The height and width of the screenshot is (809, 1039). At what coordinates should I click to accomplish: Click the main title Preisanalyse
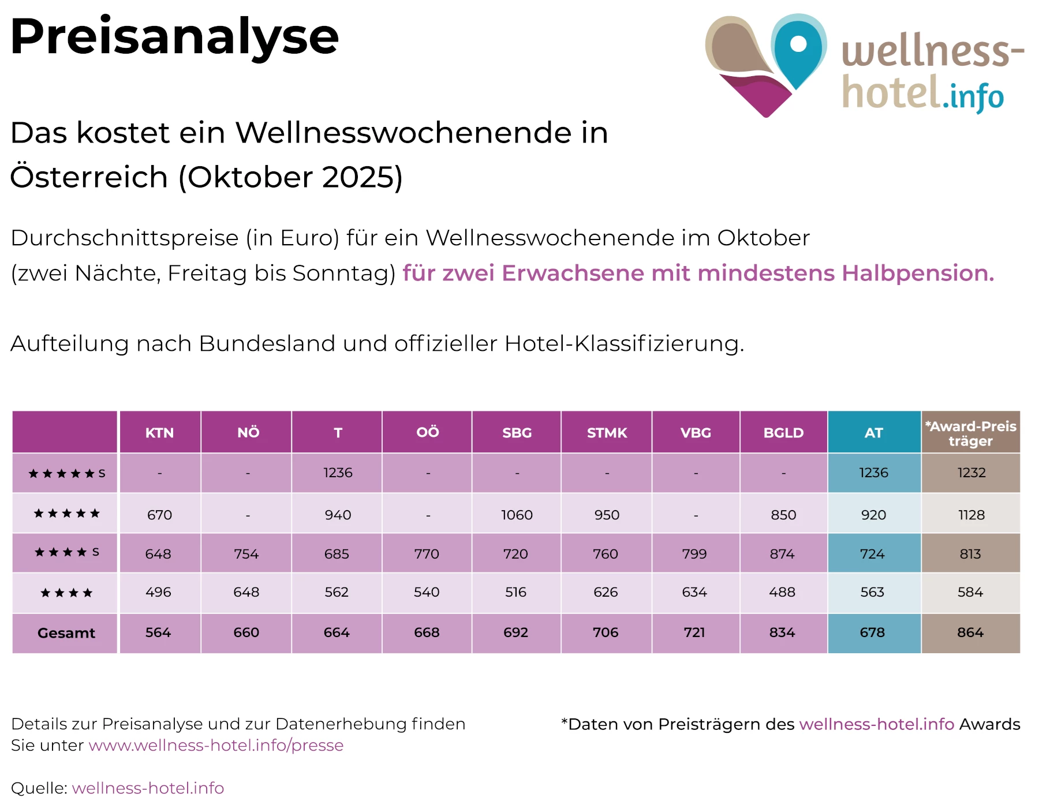point(174,37)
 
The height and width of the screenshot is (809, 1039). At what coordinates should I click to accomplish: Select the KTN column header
point(159,433)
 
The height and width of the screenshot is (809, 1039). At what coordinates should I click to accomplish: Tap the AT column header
point(873,433)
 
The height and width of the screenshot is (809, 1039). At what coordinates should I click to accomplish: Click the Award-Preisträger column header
point(970,433)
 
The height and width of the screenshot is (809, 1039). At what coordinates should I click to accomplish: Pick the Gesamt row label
point(66,633)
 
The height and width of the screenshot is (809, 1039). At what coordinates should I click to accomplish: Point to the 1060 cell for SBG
point(517,515)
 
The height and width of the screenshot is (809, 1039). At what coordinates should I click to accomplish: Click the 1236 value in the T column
point(338,473)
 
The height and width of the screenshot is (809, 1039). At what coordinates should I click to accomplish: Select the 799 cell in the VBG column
point(694,554)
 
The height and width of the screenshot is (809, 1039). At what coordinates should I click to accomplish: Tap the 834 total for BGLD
point(782,632)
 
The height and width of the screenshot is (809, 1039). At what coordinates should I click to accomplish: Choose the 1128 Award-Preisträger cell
point(971,515)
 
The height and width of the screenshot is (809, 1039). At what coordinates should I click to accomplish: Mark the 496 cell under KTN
point(158,592)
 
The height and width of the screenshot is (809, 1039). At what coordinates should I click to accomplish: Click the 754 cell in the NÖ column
point(246,554)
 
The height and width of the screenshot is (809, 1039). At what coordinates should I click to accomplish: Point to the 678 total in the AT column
point(872,632)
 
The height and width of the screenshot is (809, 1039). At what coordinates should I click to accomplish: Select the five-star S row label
point(66,474)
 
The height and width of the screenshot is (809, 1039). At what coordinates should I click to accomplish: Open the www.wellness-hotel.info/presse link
point(216,745)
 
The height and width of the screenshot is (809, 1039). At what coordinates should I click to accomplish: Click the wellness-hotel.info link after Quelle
point(148,788)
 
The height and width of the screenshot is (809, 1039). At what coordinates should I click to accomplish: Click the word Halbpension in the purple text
point(918,273)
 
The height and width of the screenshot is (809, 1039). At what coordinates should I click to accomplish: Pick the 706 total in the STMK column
point(606,632)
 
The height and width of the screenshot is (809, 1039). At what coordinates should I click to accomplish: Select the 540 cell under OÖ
point(427,592)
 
